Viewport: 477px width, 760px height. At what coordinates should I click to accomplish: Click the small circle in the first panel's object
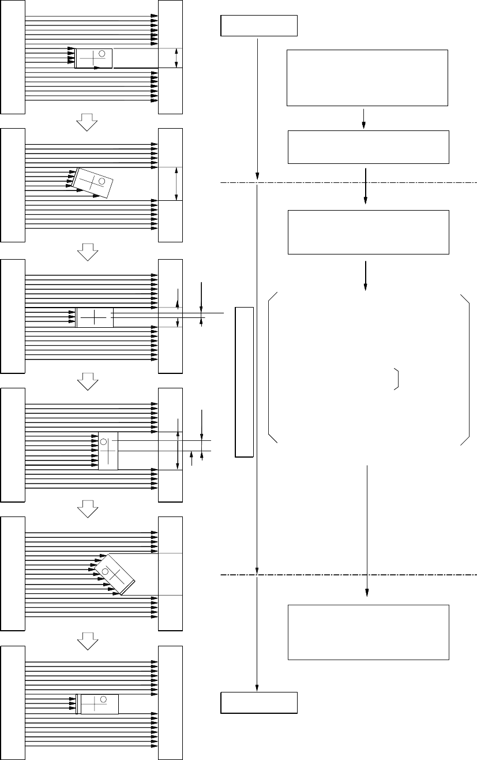click(x=102, y=54)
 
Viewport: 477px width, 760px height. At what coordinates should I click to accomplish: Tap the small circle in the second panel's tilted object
click(x=102, y=182)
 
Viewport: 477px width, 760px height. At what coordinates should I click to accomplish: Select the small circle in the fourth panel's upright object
click(x=104, y=442)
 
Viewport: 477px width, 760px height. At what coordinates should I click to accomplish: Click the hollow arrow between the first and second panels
click(x=88, y=121)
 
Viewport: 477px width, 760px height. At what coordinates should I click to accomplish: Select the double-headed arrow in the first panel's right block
click(x=176, y=58)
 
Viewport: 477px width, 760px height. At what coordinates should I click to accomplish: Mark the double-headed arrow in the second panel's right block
click(x=176, y=184)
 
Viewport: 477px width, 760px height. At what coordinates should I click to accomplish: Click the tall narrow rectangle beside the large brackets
click(x=245, y=382)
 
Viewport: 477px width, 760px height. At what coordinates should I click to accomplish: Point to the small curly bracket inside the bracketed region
click(x=397, y=378)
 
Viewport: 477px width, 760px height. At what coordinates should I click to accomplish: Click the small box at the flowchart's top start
click(x=259, y=26)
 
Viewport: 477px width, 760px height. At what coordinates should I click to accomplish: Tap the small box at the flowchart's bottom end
click(x=259, y=702)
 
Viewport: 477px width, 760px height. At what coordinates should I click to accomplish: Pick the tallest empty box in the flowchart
click(x=367, y=78)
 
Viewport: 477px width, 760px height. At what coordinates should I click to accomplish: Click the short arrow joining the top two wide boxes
click(x=364, y=118)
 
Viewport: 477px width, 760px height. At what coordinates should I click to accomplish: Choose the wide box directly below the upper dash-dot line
click(x=368, y=232)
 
